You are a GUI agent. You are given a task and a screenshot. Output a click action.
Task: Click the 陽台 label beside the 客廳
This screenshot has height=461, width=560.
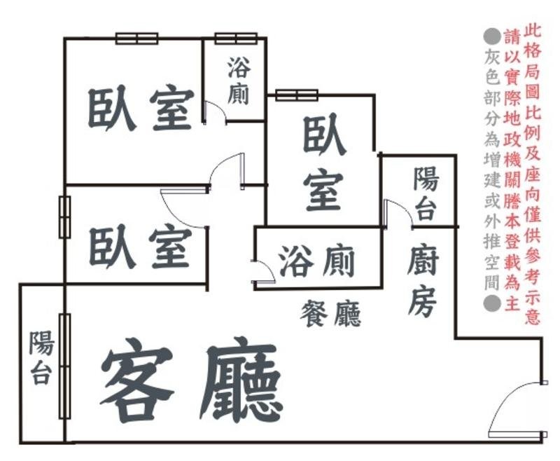(41, 359)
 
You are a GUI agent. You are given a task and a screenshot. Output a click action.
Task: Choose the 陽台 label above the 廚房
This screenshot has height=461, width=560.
(425, 193)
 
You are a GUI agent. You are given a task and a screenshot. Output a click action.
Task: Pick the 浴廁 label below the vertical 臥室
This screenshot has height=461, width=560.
(316, 261)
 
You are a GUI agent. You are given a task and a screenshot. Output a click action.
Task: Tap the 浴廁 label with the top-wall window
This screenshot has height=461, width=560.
(238, 81)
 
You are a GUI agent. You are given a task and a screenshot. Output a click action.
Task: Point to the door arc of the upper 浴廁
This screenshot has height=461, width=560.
(214, 112)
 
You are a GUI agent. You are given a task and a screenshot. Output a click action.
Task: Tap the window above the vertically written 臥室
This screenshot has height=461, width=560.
(297, 95)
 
